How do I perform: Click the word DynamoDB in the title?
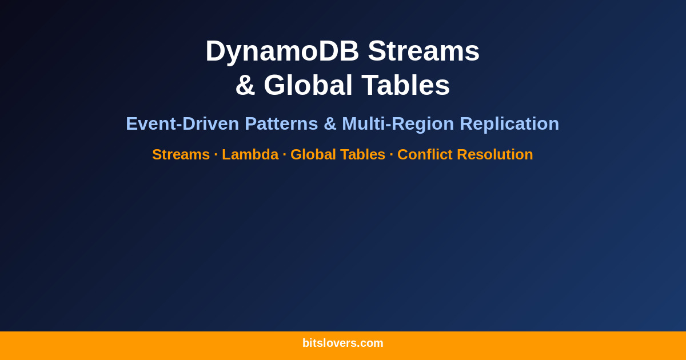(282, 51)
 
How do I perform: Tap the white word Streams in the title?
(424, 51)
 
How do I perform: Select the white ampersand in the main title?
(245, 85)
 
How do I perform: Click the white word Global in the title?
(308, 85)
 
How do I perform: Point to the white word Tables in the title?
(405, 85)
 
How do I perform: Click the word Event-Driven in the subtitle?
(182, 123)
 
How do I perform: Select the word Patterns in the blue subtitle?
(281, 123)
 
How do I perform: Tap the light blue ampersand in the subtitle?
(330, 123)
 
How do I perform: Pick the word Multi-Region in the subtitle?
(398, 123)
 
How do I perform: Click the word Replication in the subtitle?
(509, 123)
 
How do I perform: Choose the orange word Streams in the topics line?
(181, 154)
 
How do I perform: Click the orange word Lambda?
(250, 154)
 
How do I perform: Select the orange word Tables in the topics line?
(362, 154)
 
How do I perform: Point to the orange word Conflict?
(425, 154)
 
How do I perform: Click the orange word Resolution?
(494, 154)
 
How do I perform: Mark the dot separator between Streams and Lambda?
(216, 154)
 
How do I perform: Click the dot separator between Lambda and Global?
(284, 154)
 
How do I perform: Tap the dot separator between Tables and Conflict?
(391, 154)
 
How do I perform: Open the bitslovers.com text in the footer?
(343, 343)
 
